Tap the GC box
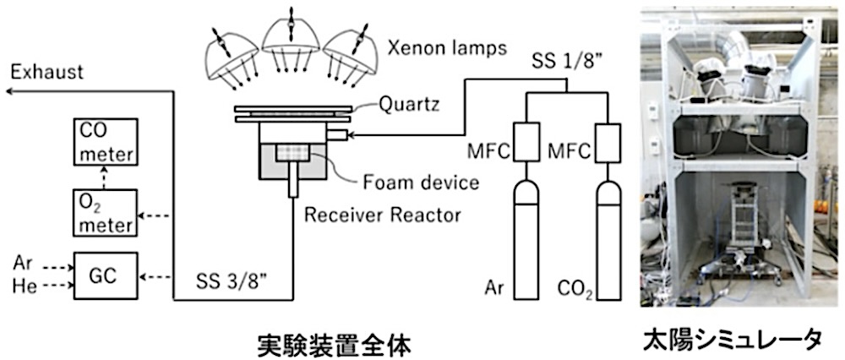pos(106,275)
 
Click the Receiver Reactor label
pos(385,215)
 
